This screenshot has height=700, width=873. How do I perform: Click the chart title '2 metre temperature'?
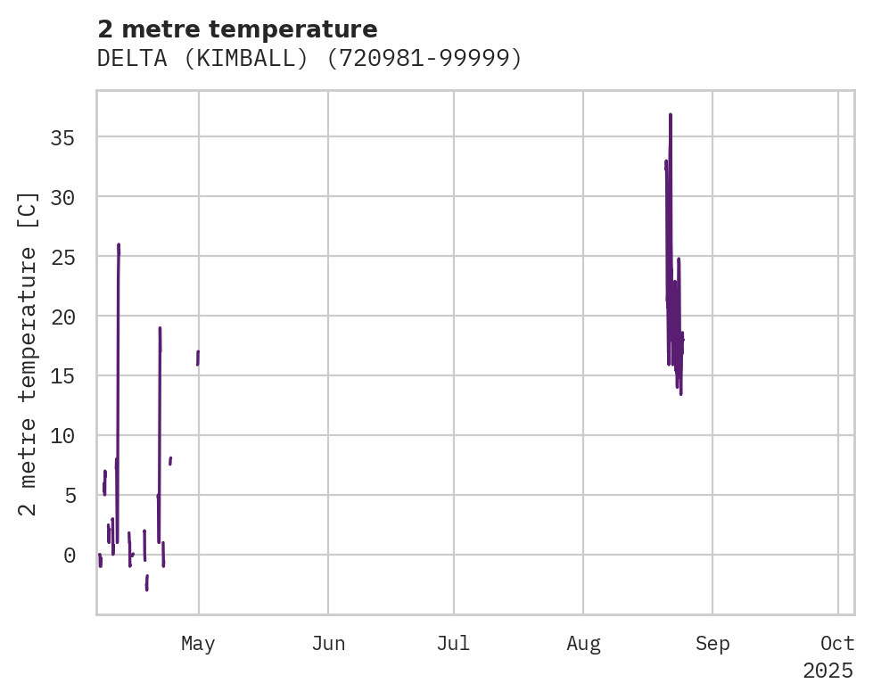click(x=237, y=29)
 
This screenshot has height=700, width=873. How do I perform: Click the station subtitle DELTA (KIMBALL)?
click(x=309, y=59)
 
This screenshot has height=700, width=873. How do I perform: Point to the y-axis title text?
click(x=29, y=353)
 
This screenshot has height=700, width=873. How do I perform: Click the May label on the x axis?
click(x=198, y=644)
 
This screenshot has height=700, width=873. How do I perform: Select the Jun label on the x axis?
click(x=328, y=644)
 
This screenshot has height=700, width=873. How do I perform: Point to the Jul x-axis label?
click(x=454, y=644)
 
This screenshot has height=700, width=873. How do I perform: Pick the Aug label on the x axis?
click(x=583, y=644)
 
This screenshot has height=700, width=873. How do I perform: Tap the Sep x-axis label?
click(x=712, y=644)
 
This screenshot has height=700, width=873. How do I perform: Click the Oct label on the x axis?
click(x=838, y=644)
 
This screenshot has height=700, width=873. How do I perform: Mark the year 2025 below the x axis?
click(x=828, y=671)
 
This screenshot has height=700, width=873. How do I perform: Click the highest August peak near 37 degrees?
click(x=670, y=115)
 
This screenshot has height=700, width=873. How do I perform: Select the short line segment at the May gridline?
click(x=198, y=358)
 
